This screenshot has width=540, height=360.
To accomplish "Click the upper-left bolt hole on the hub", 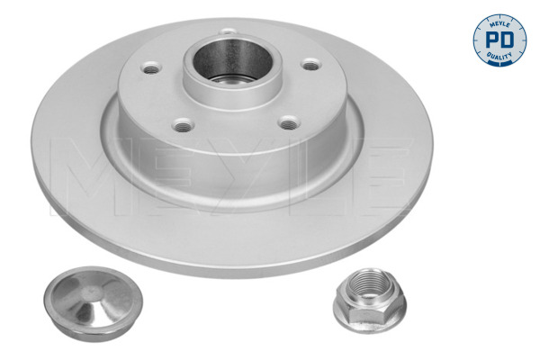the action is point(151,67).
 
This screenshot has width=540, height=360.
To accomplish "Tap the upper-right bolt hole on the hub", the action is point(311,65).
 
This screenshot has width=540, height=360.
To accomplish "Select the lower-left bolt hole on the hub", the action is point(184,125).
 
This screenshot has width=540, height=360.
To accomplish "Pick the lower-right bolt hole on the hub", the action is point(289,122).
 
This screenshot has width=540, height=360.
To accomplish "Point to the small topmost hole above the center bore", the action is point(228,31).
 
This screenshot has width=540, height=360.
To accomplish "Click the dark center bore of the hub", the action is point(233,59).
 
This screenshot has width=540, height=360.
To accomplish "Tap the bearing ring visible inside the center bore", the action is point(233,79).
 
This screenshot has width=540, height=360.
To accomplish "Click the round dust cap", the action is point(93,304).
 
